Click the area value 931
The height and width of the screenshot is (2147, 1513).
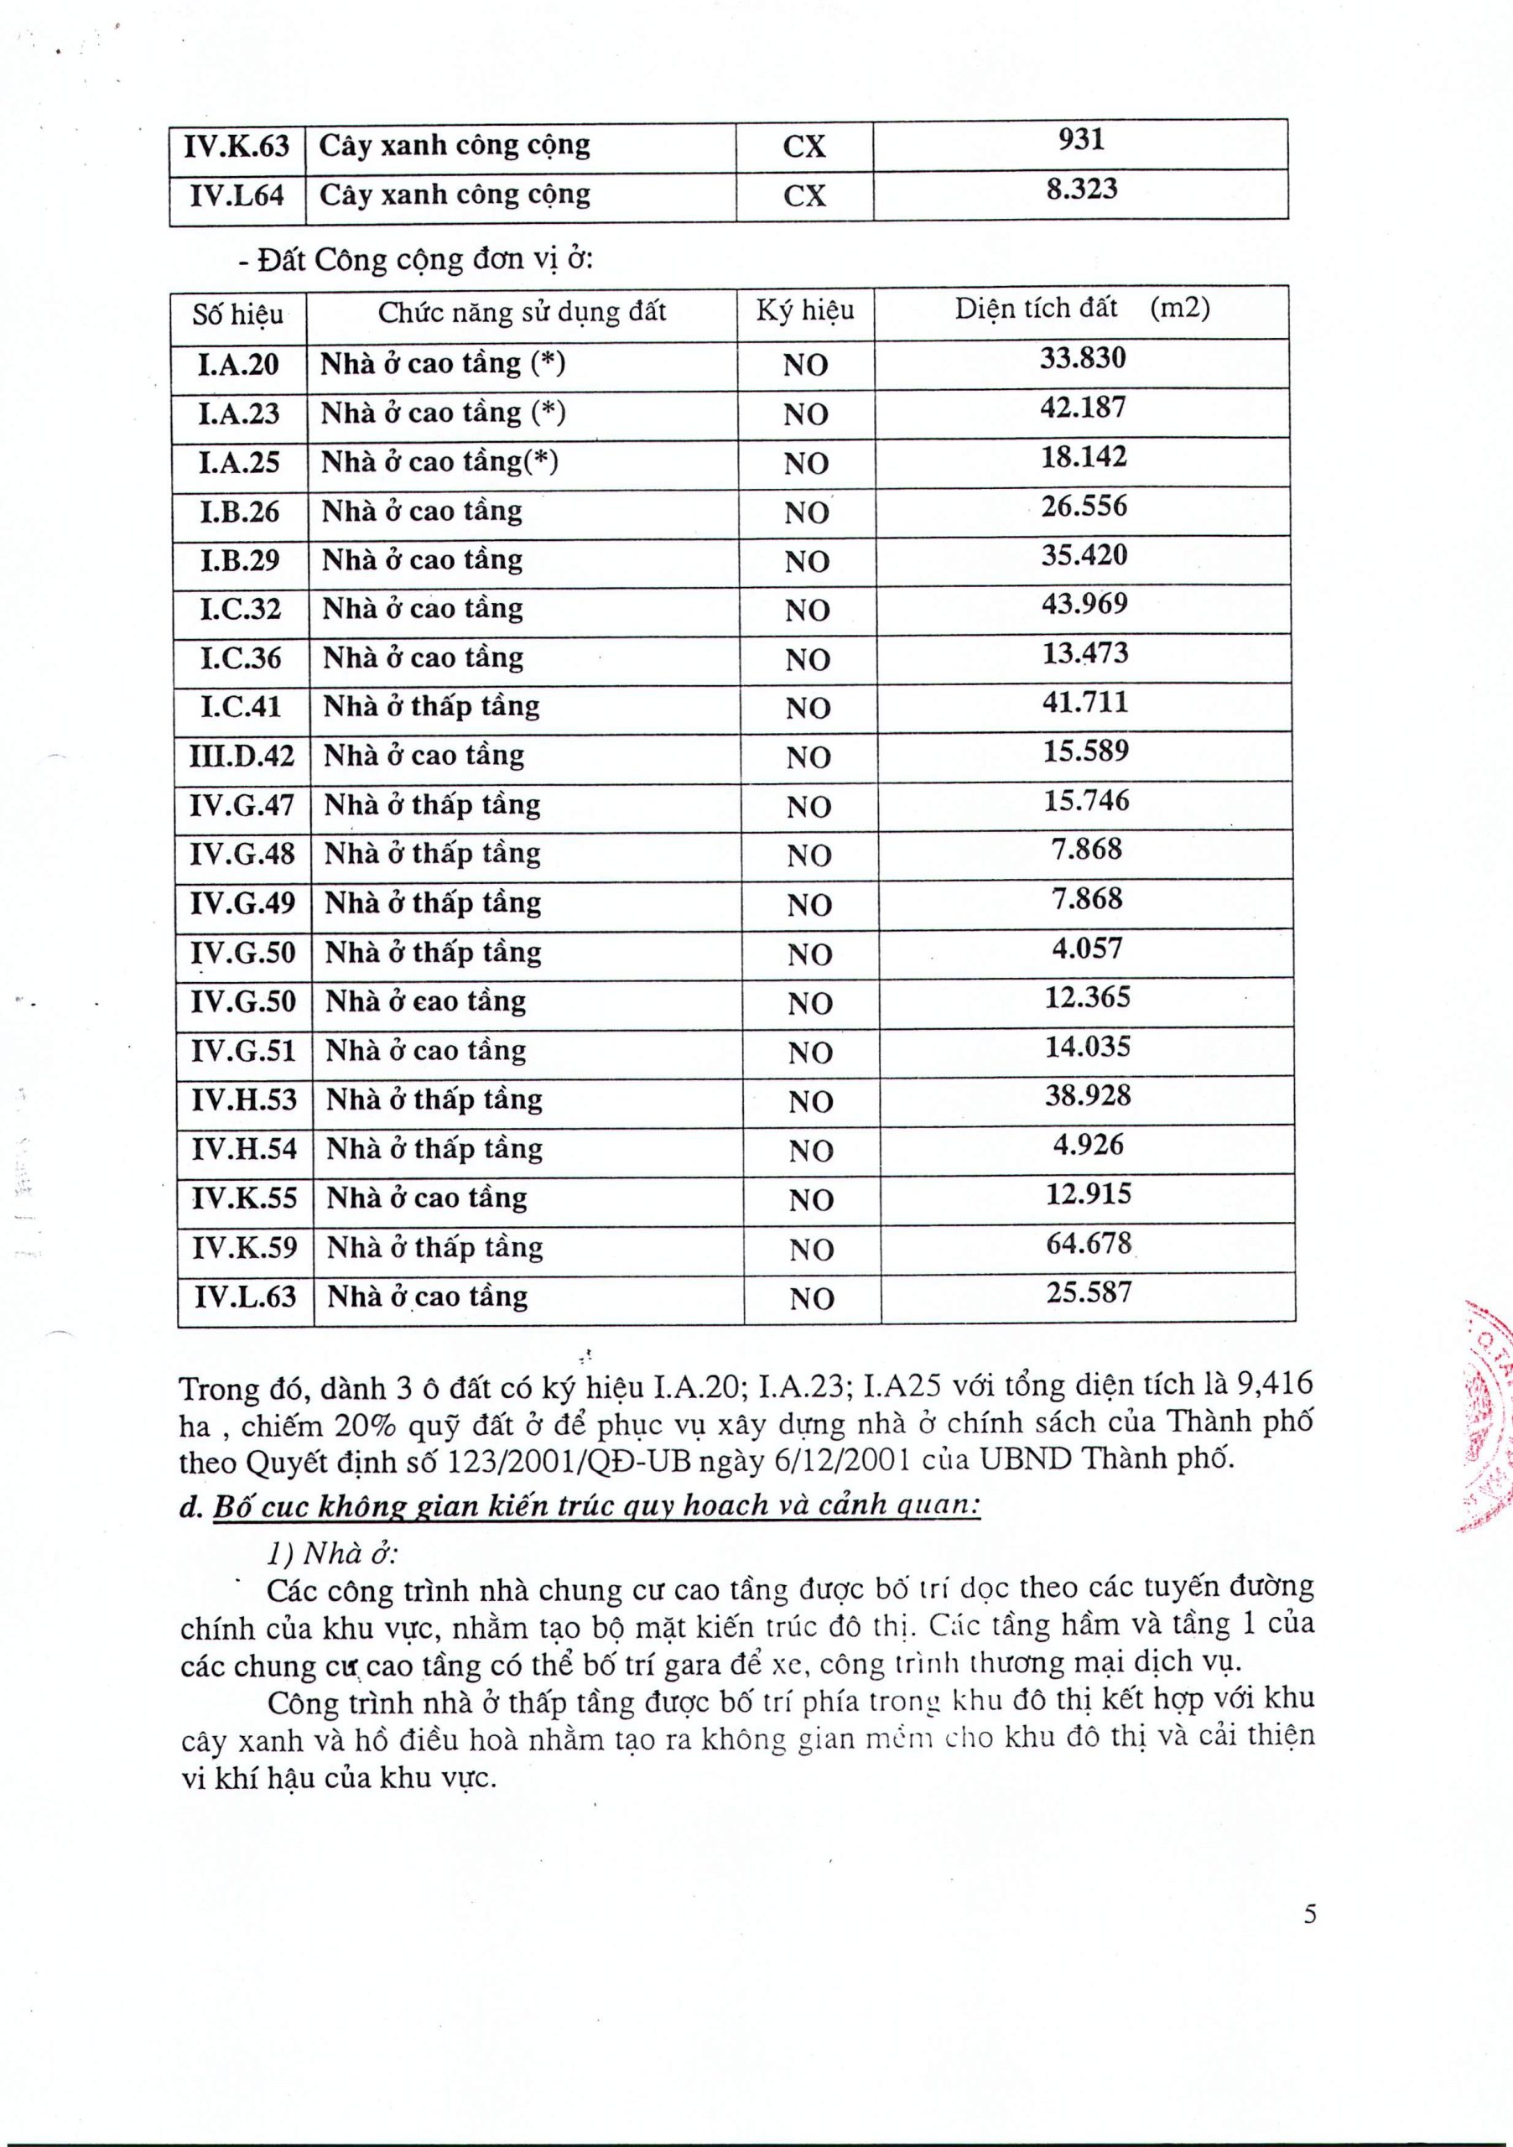tap(1081, 140)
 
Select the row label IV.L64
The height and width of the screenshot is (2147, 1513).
tap(237, 195)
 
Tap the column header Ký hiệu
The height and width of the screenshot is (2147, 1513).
tap(805, 310)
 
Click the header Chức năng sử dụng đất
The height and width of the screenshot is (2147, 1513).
tap(522, 311)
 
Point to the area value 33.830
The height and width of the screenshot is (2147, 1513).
tap(1083, 358)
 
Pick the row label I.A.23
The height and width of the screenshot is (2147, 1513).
tap(238, 413)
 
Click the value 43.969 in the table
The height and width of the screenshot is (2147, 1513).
tap(1084, 604)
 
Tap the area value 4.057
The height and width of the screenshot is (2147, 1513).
tap(1087, 949)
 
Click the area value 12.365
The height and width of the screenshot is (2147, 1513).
tap(1088, 997)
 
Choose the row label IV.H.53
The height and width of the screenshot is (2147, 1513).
tap(244, 1099)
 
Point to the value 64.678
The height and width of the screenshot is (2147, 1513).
tap(1089, 1244)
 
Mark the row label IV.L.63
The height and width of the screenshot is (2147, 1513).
tap(245, 1297)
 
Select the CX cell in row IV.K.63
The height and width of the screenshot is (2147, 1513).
tap(804, 147)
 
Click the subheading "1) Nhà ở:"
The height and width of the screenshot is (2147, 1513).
tap(333, 1554)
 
